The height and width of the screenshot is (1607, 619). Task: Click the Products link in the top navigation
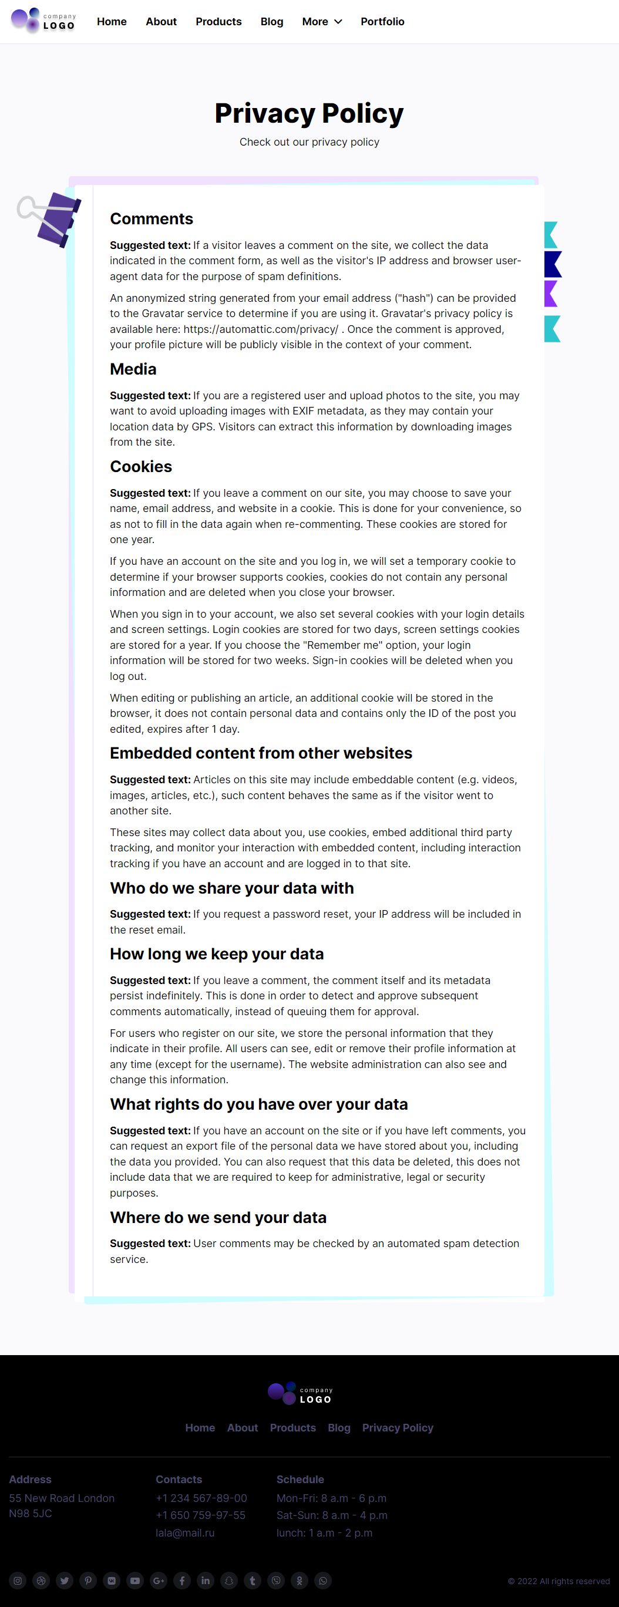[x=218, y=22]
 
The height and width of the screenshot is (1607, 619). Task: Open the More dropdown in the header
[x=322, y=22]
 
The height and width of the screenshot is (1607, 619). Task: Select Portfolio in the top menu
[x=382, y=22]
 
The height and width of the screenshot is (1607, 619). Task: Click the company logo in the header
[x=43, y=21]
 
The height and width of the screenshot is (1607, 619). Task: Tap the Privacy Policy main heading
[x=309, y=113]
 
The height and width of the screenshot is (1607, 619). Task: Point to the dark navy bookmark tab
[x=552, y=264]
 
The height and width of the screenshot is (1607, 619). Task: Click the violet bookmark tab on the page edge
[x=550, y=293]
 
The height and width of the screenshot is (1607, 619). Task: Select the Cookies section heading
[x=141, y=467]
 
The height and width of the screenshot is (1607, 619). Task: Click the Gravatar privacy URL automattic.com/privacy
[x=260, y=329]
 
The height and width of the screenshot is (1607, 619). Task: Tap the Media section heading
[x=133, y=369]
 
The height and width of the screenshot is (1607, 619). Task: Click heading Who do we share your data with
[x=231, y=888]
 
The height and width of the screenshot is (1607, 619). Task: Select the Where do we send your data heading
[x=218, y=1218]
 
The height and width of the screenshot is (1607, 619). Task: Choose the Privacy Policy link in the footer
[x=398, y=1428]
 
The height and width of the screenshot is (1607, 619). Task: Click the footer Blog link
[x=339, y=1428]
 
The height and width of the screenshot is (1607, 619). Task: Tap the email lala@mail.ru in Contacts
[x=184, y=1533]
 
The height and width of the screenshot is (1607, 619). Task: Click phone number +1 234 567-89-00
[x=201, y=1498]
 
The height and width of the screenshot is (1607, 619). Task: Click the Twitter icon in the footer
[x=64, y=1581]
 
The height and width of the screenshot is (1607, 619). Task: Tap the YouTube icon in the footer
[x=135, y=1581]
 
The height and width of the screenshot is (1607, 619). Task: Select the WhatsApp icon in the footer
[x=322, y=1581]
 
